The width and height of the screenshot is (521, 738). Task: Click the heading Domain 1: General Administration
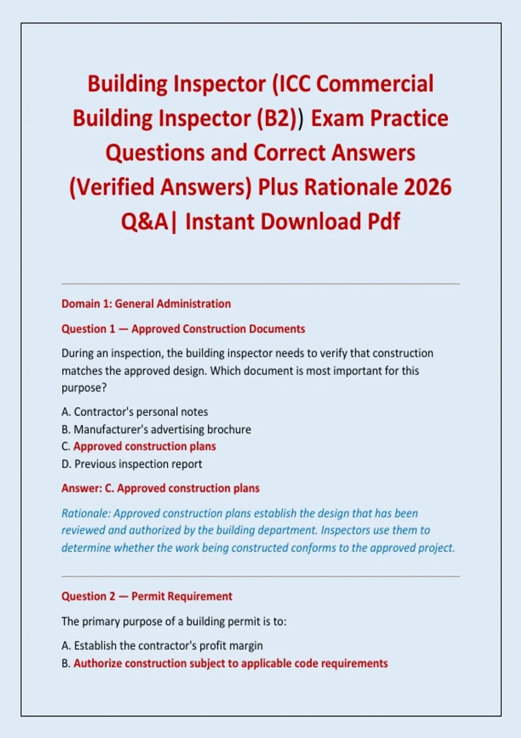(146, 303)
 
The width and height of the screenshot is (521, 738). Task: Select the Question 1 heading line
(183, 329)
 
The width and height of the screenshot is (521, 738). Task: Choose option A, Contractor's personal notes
(135, 412)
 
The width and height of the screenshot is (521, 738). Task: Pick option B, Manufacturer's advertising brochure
(156, 429)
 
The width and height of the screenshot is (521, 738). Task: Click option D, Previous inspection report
(132, 464)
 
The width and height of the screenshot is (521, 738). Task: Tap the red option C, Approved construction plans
(139, 446)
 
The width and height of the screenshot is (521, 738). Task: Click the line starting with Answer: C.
(161, 488)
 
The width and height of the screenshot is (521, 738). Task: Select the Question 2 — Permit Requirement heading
(147, 596)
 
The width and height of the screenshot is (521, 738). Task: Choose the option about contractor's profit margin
(162, 646)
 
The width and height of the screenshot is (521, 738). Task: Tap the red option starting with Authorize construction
(224, 663)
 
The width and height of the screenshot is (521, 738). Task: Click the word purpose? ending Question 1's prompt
(84, 388)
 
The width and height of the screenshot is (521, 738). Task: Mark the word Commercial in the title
(375, 84)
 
